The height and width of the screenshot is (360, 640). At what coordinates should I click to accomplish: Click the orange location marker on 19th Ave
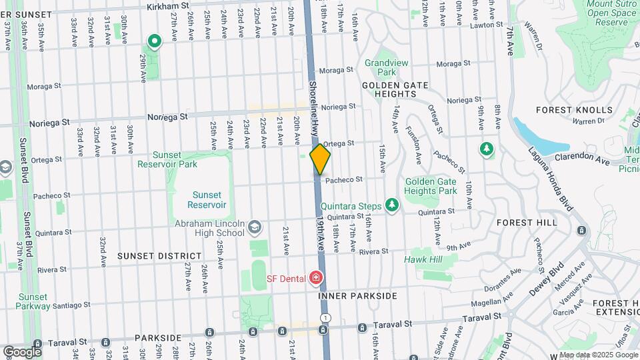(320, 160)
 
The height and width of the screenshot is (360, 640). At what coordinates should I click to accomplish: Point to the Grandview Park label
(381, 67)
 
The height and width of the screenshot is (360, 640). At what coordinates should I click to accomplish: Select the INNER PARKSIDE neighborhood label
(357, 295)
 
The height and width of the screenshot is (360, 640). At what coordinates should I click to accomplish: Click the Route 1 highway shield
(325, 317)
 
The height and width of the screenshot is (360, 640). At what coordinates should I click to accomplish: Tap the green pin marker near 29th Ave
(155, 42)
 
